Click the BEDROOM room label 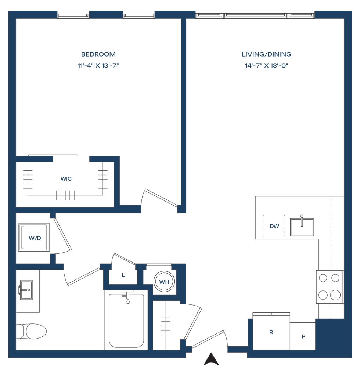tap(98, 54)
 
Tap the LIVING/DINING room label tap(267, 54)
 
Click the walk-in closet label tap(66, 179)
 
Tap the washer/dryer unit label tap(35, 238)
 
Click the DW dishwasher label tap(274, 227)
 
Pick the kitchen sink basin tap(302, 227)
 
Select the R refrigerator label tap(271, 333)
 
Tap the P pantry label tap(303, 336)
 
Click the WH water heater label tap(163, 282)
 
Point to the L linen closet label tap(123, 275)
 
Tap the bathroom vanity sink tap(26, 290)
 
